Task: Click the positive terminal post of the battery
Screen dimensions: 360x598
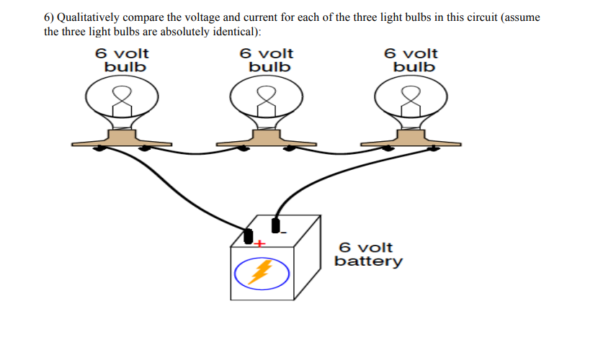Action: coord(249,236)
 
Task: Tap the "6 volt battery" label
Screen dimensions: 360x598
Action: coord(368,254)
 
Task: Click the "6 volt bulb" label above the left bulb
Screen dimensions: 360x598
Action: coord(122,60)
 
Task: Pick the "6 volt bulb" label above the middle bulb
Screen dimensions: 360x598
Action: coord(267,60)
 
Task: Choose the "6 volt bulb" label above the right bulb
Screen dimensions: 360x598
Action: coord(411,60)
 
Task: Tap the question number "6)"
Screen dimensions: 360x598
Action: coord(50,17)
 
